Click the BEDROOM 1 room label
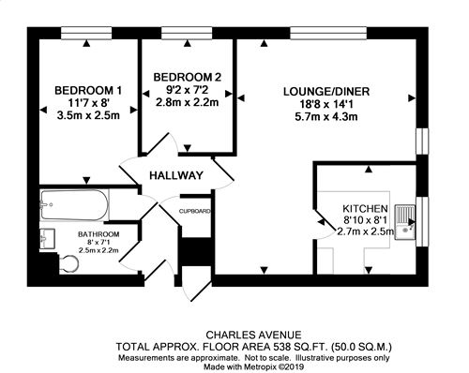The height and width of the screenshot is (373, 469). point(88,91)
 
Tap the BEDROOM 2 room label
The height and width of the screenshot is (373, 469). point(188,77)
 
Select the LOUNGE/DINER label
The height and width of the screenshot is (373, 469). point(326,92)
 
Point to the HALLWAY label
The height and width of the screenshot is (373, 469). point(176,175)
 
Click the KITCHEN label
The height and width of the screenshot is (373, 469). point(365,208)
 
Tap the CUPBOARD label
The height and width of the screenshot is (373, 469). point(194,212)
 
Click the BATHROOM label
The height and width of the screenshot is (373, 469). point(98,234)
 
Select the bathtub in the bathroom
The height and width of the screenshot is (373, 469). point(74,205)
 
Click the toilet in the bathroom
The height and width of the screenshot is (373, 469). point(68,264)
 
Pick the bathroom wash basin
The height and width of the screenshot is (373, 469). point(47,239)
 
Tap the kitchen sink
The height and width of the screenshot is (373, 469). point(405,222)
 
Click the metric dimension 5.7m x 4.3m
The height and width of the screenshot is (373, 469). point(326,117)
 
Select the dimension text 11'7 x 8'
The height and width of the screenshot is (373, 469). point(88,103)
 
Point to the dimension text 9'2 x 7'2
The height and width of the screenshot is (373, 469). point(187,90)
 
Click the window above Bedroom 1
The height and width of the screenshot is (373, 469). point(86,34)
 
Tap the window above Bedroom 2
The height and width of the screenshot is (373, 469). point(187,34)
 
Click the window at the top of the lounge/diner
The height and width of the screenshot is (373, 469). point(328,34)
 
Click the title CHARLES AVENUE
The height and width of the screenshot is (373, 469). point(253,336)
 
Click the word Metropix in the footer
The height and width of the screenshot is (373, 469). point(261,366)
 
